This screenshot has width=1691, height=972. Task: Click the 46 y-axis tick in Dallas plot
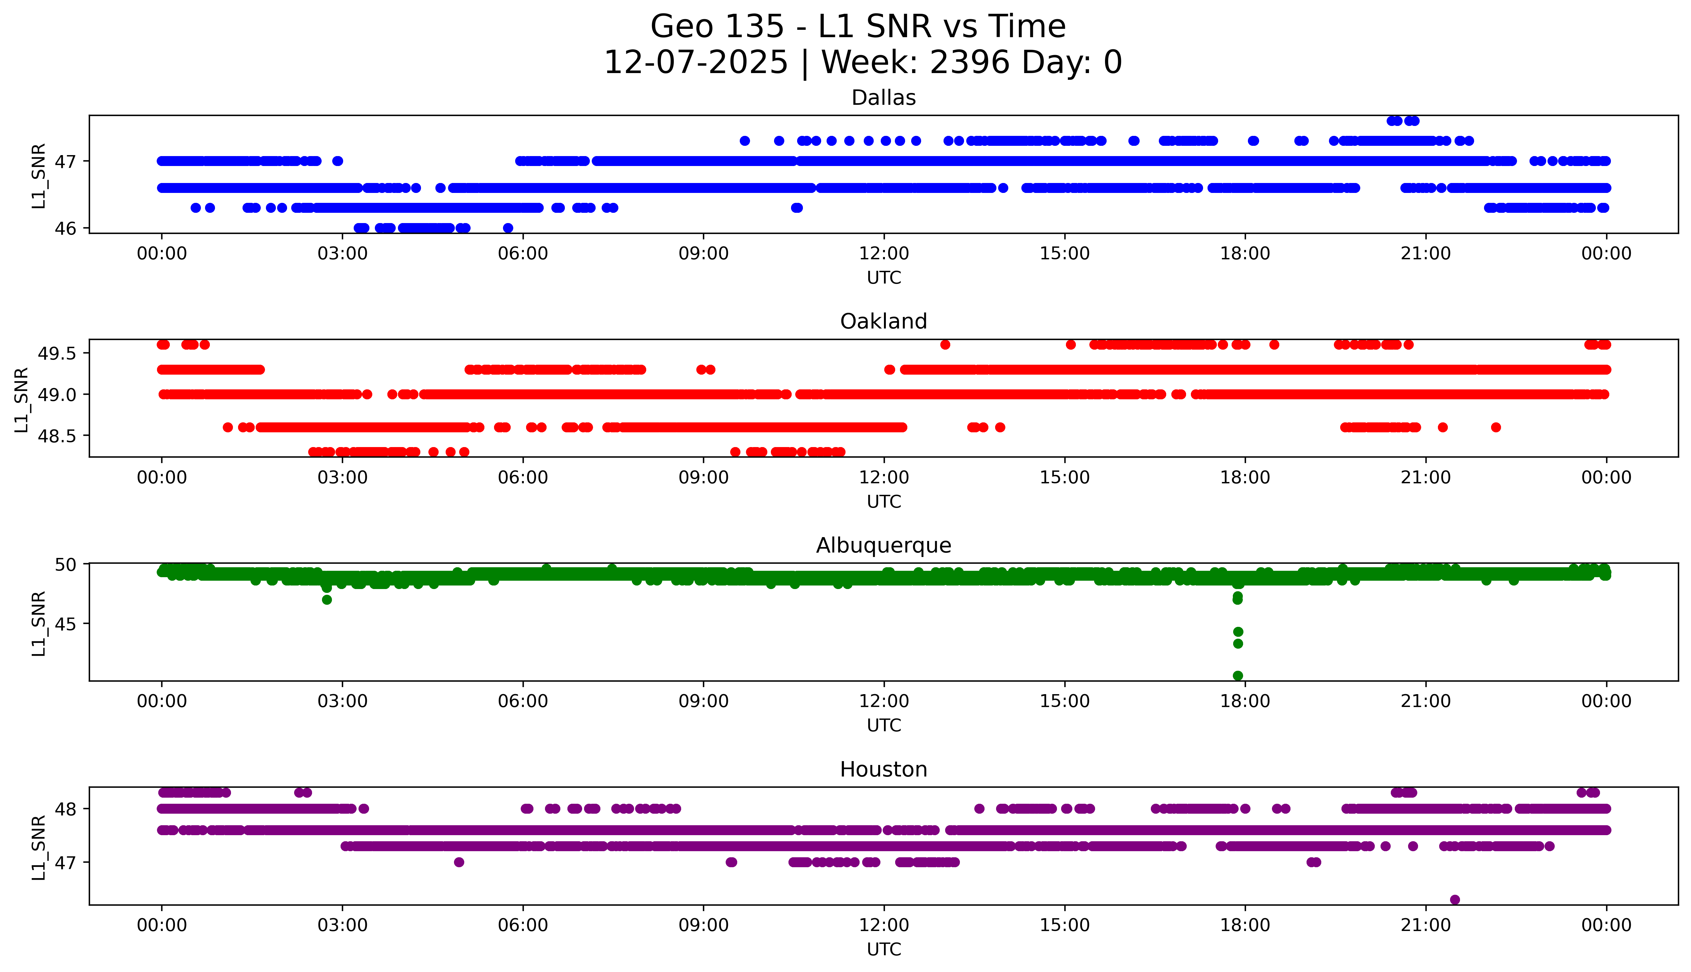[x=67, y=228]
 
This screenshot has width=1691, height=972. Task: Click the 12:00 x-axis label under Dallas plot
[x=884, y=254]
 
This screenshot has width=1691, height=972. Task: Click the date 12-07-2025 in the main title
[x=695, y=63]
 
